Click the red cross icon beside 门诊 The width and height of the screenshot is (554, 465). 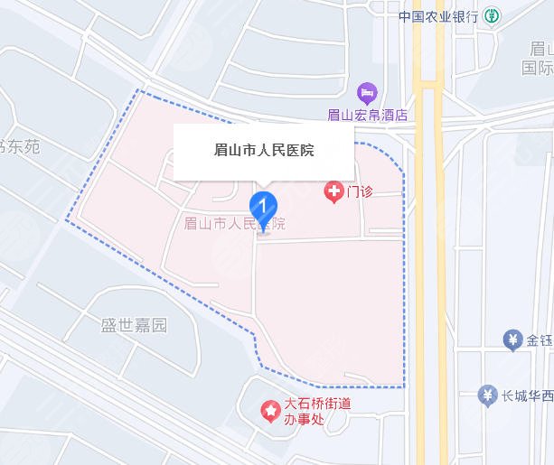click(x=333, y=191)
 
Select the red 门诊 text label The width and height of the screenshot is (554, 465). click(x=361, y=192)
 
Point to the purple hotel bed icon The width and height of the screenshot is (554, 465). click(x=367, y=93)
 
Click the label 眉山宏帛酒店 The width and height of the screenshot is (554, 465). click(x=367, y=115)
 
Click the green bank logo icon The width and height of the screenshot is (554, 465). click(x=492, y=16)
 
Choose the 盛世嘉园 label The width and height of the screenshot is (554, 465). click(x=135, y=326)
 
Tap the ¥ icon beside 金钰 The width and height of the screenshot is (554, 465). click(x=512, y=340)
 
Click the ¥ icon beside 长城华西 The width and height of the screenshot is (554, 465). click(x=489, y=395)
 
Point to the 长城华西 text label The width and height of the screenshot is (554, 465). click(x=528, y=395)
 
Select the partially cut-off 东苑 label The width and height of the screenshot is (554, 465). click(x=20, y=146)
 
